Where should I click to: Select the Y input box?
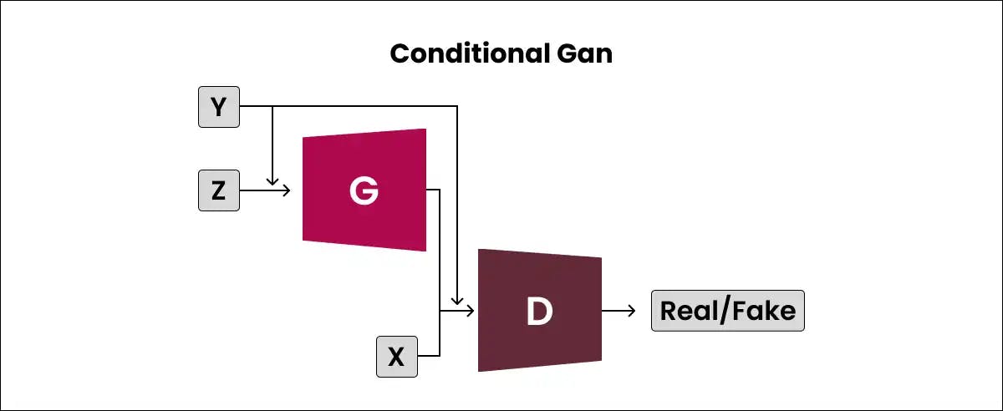[x=219, y=107]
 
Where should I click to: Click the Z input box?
[x=219, y=190]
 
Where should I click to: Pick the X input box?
[x=397, y=357]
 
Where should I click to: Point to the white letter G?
[x=364, y=190]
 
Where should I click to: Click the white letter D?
[x=539, y=311]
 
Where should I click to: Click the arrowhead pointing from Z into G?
[x=286, y=190]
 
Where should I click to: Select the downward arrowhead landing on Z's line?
[x=272, y=180]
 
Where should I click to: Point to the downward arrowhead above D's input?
[x=457, y=299]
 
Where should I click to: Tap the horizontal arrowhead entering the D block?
[x=470, y=311]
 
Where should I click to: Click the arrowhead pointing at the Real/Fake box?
[x=631, y=311]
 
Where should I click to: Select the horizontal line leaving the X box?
[x=429, y=357]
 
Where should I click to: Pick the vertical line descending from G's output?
[x=440, y=251]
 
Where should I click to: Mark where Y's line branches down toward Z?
[x=272, y=107]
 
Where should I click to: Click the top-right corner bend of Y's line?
[x=457, y=107]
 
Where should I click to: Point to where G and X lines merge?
[x=440, y=311]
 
